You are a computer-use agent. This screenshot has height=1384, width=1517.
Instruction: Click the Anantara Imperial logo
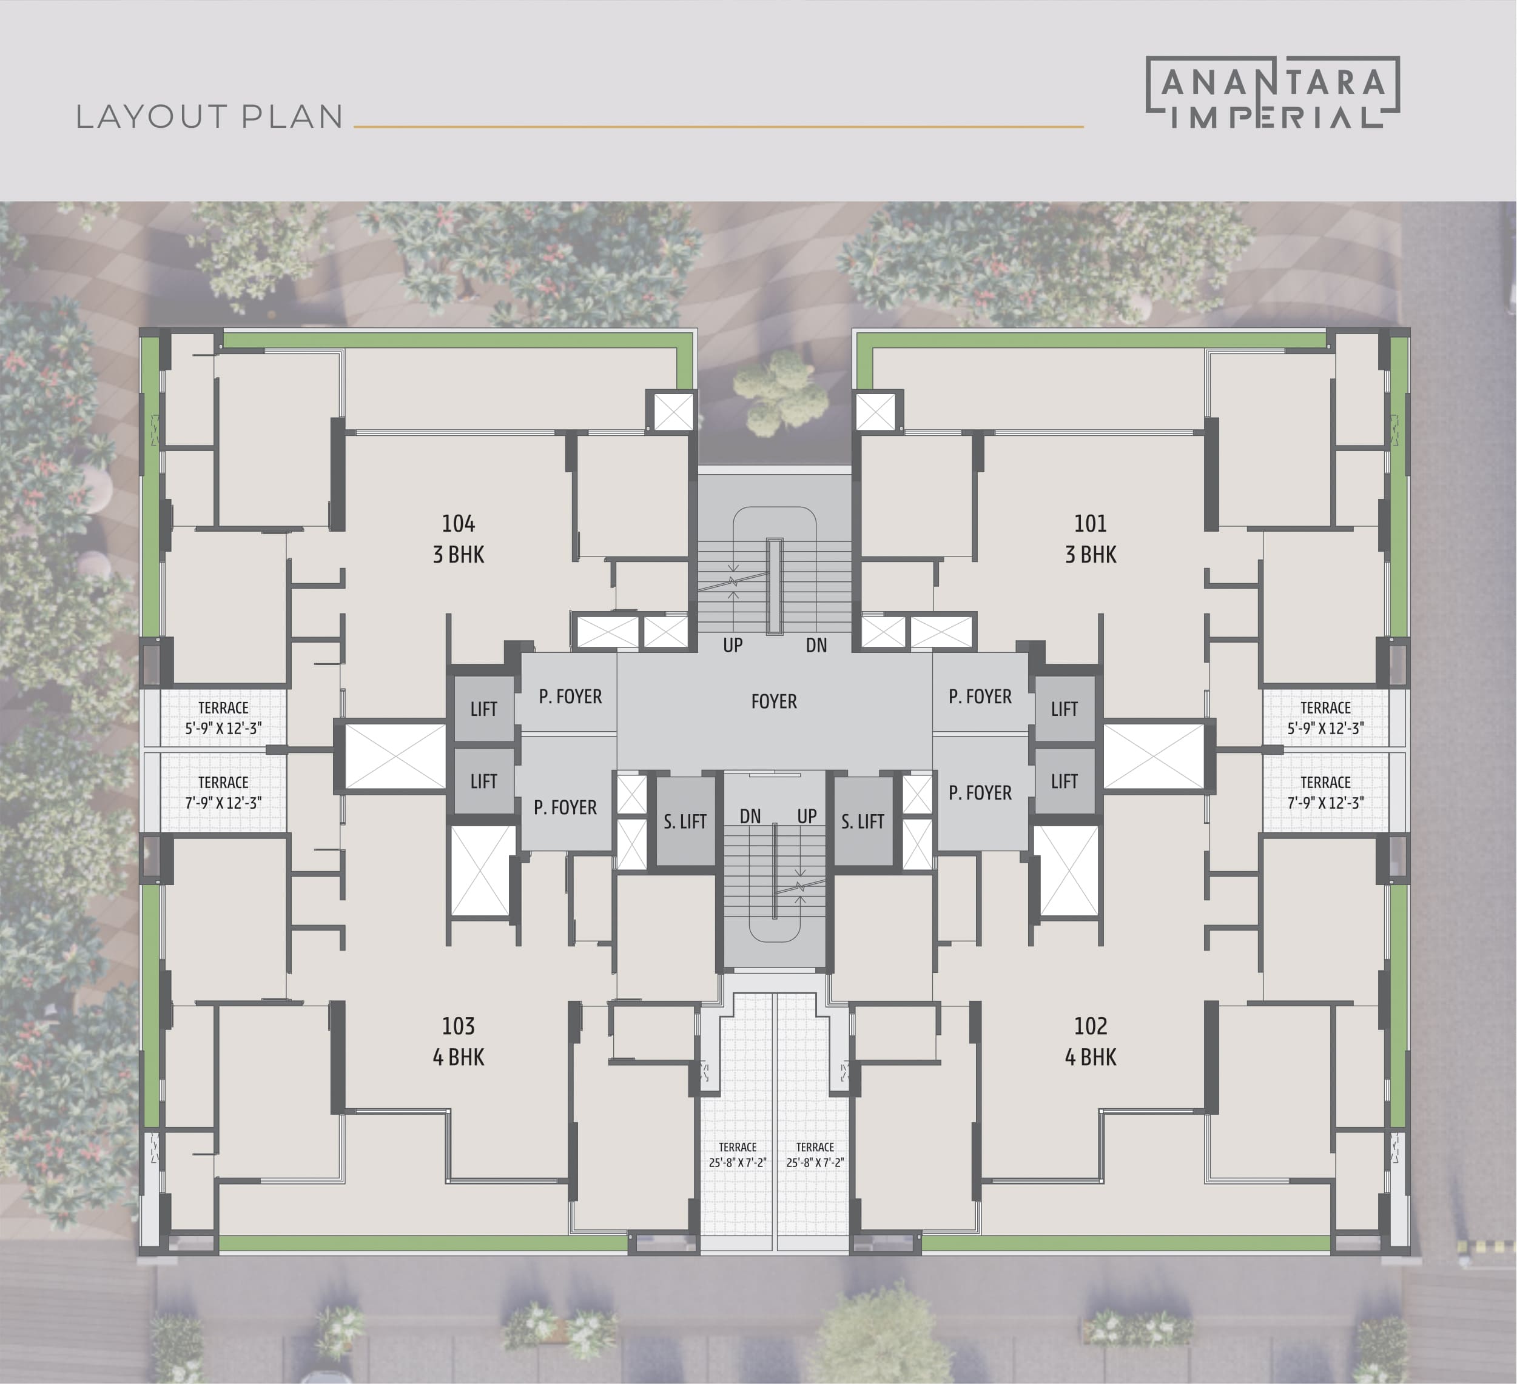coord(1273,93)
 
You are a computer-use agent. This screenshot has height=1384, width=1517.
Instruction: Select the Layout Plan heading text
coord(210,116)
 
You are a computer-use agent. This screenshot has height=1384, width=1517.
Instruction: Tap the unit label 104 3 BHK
coord(459,538)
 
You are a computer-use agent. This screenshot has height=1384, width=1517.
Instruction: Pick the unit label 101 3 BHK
coord(1091,538)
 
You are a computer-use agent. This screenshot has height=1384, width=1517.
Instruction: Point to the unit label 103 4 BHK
coord(459,1041)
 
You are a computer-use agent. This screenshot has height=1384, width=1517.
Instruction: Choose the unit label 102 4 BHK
coord(1091,1041)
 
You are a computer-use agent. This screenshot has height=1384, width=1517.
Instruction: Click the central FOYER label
coord(773,701)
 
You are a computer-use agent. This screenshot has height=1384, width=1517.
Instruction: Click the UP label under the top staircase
coord(733,644)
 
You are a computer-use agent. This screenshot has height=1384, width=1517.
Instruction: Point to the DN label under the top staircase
coord(816,644)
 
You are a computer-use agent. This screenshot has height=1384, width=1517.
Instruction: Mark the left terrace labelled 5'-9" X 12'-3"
coord(223,718)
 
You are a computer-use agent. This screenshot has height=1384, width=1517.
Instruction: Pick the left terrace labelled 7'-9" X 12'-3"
coord(223,792)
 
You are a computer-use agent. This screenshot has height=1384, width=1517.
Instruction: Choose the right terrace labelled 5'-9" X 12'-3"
coord(1326,718)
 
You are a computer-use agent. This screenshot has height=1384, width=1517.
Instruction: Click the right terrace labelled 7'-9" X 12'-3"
coord(1326,792)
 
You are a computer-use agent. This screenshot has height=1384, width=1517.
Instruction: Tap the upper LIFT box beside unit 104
coord(484,709)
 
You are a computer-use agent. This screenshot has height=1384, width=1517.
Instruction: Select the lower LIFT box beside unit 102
coord(1065,781)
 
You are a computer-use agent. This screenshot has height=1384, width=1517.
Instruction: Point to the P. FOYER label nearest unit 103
coord(565,807)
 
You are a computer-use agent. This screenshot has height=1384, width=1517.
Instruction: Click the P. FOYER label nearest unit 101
coord(980,697)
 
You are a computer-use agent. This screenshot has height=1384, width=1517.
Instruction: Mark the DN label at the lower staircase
coord(750,816)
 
